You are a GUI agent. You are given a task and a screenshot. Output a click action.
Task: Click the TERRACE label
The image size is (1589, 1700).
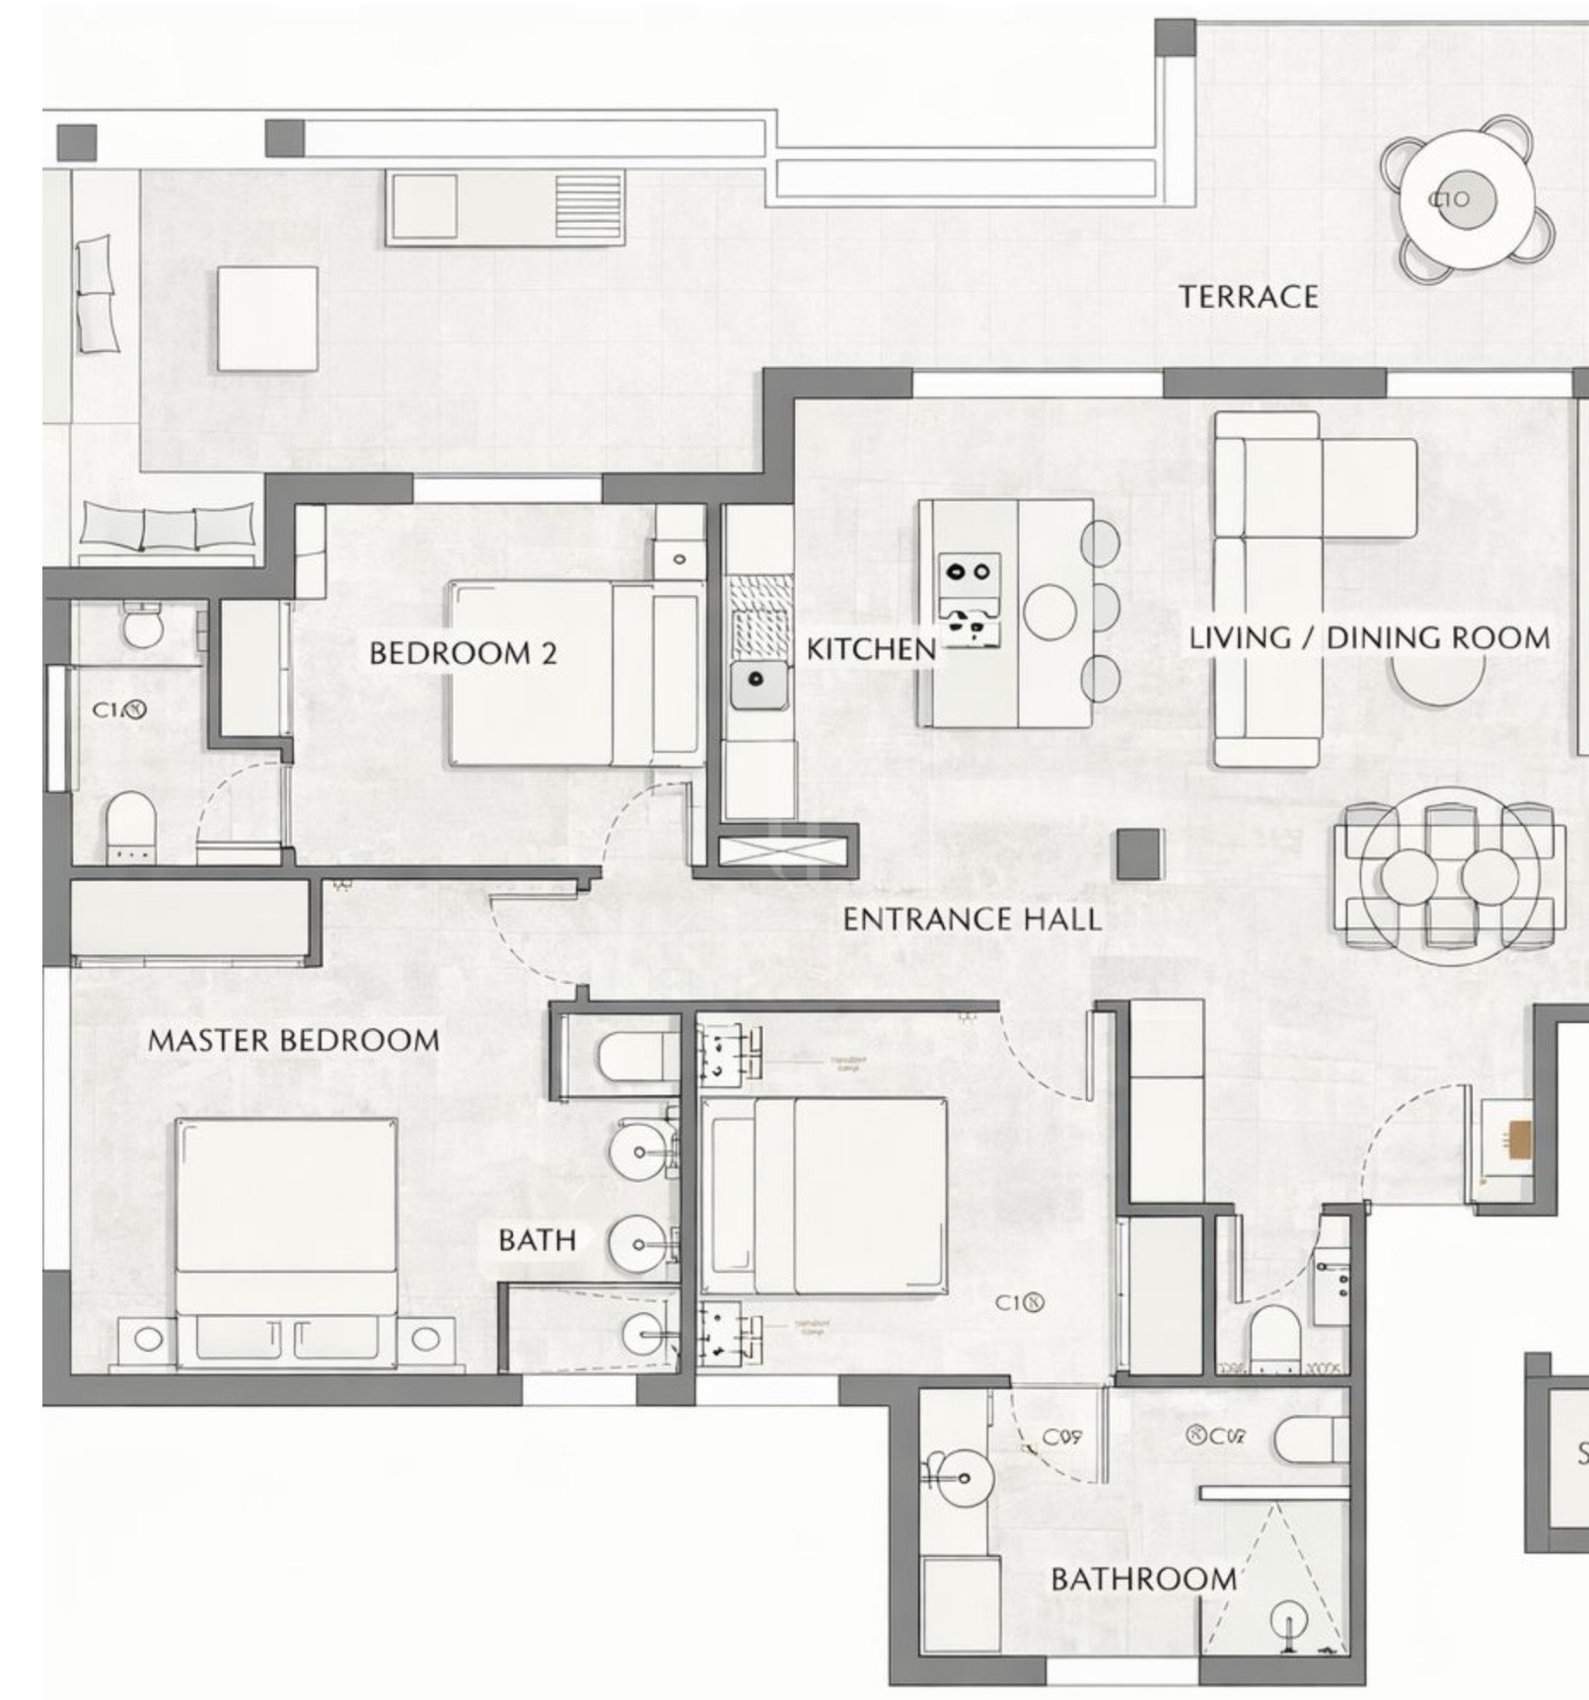pyautogui.click(x=1248, y=296)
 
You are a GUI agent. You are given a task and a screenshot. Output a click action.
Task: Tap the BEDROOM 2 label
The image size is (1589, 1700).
pyautogui.click(x=463, y=652)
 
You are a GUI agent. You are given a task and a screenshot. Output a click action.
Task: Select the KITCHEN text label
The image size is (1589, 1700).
pyautogui.click(x=870, y=648)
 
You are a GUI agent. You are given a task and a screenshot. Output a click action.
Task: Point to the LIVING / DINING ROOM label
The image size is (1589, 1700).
pyautogui.click(x=1369, y=637)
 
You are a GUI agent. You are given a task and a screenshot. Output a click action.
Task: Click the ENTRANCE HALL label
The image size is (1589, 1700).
pyautogui.click(x=972, y=920)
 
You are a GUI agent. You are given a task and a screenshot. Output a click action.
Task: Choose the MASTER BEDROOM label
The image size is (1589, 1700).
pyautogui.click(x=293, y=1040)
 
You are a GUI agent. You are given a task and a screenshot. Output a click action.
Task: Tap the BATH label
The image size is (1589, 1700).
pyautogui.click(x=537, y=1240)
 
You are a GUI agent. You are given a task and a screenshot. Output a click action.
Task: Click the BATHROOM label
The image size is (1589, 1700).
pyautogui.click(x=1142, y=1579)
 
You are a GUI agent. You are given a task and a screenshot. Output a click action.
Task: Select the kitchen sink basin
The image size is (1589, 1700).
pyautogui.click(x=758, y=681)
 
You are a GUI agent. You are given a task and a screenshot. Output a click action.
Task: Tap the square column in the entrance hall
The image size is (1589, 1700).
pyautogui.click(x=1139, y=854)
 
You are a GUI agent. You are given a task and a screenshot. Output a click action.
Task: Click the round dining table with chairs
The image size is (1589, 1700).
pyautogui.click(x=1447, y=875)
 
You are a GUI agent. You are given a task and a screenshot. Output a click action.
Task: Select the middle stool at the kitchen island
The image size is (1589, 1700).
pyautogui.click(x=1101, y=610)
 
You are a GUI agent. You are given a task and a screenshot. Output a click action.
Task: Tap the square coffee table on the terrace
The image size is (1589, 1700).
pyautogui.click(x=267, y=318)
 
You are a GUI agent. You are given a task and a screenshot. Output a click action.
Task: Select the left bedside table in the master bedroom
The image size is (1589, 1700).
pyautogui.click(x=148, y=1339)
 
